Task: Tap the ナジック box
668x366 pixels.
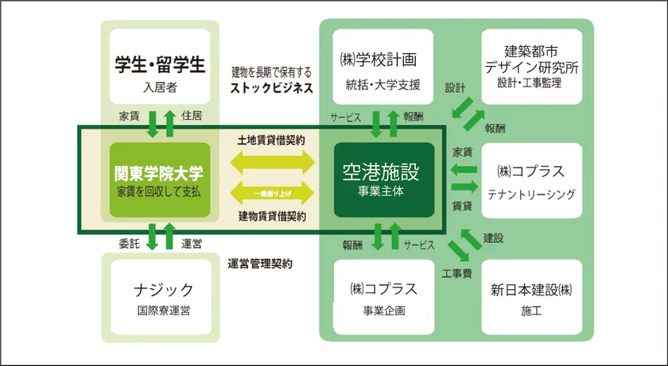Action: [160, 296]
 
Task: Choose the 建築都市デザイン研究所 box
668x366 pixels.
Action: [533, 67]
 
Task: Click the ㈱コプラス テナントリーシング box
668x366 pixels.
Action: [533, 181]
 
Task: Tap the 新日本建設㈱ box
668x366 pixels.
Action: [533, 296]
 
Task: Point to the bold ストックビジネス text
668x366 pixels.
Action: [272, 88]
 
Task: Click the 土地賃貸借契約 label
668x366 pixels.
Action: [272, 140]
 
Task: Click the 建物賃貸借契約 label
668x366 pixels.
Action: [272, 216]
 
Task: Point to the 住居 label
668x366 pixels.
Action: [192, 118]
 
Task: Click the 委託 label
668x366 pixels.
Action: [129, 243]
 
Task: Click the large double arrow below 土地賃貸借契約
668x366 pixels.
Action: [272, 164]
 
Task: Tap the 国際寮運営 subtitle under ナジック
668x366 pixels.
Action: [160, 310]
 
